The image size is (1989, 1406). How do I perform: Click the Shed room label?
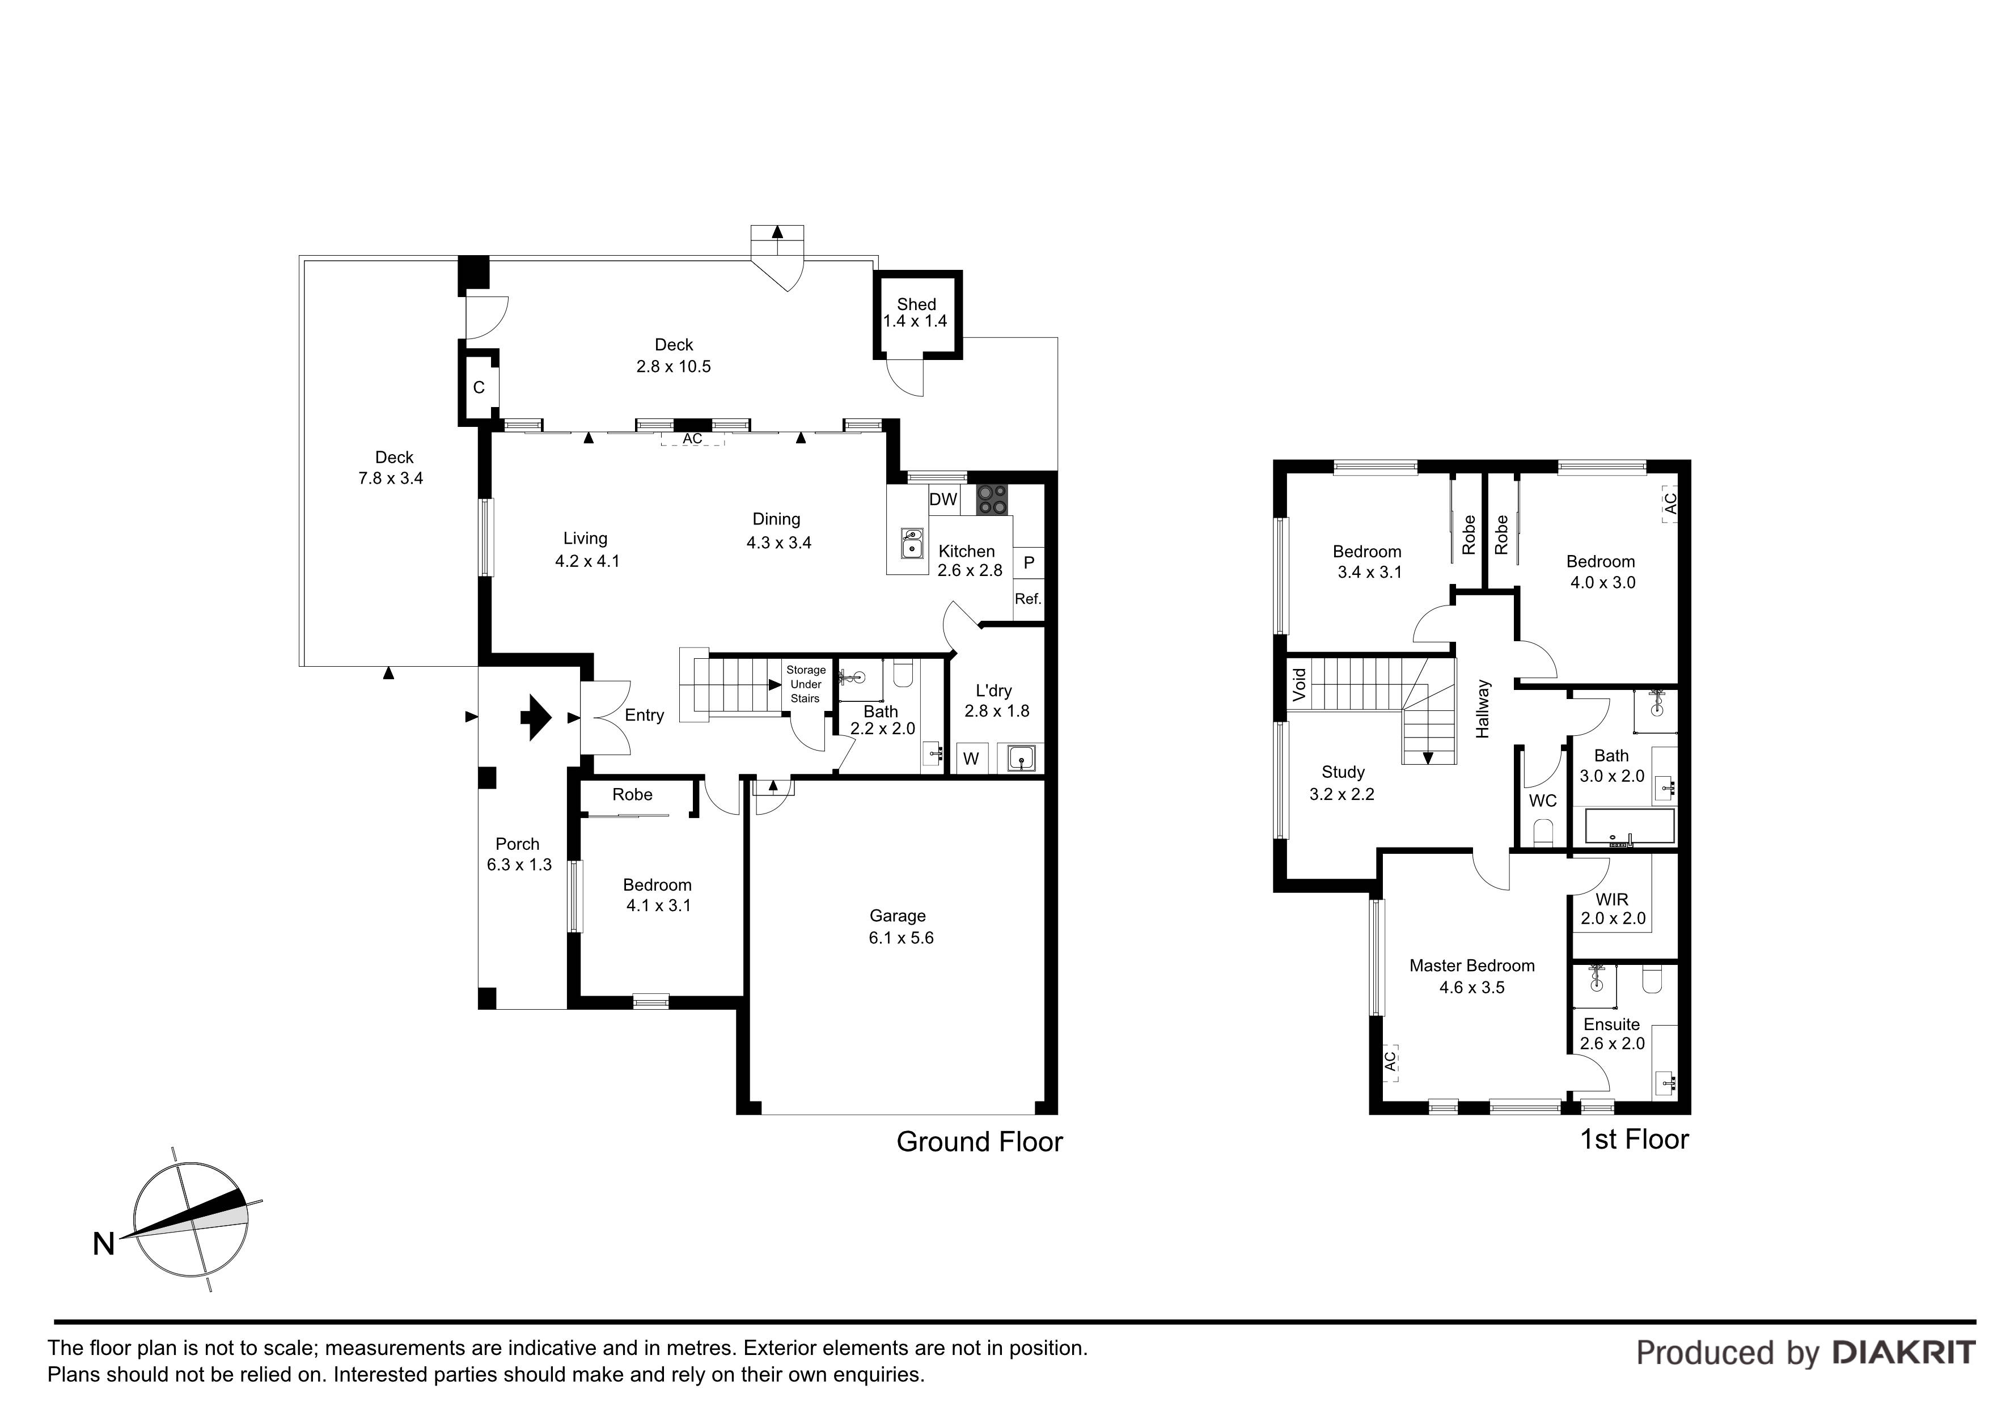click(x=916, y=304)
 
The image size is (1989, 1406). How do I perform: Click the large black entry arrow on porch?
click(x=535, y=717)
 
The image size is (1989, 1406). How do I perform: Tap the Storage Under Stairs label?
click(x=806, y=684)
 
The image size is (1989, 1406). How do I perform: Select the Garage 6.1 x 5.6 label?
click(x=900, y=926)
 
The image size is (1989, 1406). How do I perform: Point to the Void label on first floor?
click(x=1298, y=684)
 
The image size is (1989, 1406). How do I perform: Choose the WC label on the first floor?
click(x=1543, y=801)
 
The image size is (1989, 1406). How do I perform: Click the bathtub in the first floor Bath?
click(x=1630, y=827)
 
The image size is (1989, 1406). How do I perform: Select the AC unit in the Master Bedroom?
click(x=1390, y=1060)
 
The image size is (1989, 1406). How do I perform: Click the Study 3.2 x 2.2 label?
click(x=1342, y=783)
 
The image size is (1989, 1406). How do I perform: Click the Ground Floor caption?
click(x=979, y=1142)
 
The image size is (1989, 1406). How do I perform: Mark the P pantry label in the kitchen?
click(x=1029, y=563)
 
